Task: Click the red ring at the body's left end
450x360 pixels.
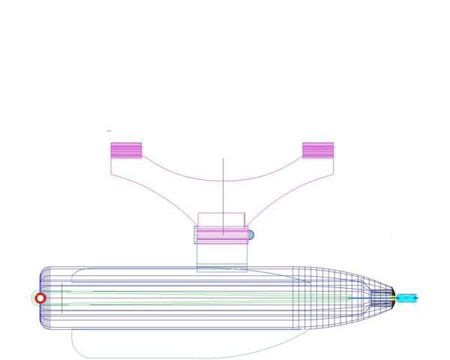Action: [x=41, y=298]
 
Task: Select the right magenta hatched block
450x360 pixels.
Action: [x=318, y=150]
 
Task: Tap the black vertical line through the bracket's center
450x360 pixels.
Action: [x=223, y=187]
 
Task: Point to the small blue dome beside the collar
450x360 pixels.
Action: [x=252, y=235]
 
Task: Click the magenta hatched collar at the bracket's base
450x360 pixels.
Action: [x=221, y=235]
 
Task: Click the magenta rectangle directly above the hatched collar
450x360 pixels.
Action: [x=221, y=219]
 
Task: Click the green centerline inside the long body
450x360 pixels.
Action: [x=187, y=295]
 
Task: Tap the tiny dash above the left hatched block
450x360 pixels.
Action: [x=109, y=130]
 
